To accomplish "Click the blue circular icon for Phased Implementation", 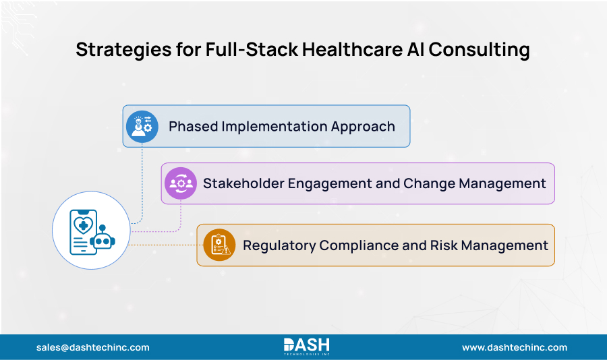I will [x=142, y=126].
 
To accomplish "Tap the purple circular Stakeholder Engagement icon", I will [x=180, y=183].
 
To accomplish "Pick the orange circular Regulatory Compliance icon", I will [x=219, y=245].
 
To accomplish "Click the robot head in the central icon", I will [x=103, y=241].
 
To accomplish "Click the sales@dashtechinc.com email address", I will [x=92, y=347].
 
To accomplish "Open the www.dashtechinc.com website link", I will [x=514, y=347].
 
